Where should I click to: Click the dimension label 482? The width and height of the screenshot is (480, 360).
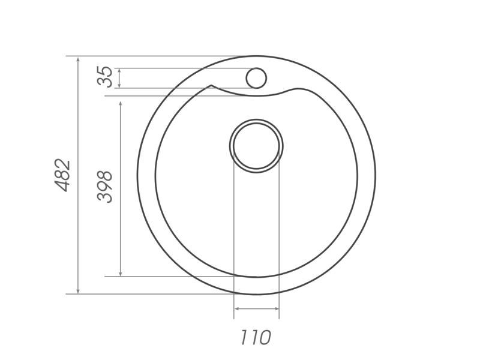coord(62,175)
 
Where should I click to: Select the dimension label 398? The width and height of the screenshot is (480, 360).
coord(104,187)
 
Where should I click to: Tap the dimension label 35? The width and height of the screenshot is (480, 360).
coord(104,77)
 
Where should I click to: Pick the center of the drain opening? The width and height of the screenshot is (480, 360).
coord(256,146)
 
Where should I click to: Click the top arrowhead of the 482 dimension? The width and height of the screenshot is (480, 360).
coord(78,59)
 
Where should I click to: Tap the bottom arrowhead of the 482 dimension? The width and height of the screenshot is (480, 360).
coord(78,290)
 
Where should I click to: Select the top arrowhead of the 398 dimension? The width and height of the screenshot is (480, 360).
coord(121,104)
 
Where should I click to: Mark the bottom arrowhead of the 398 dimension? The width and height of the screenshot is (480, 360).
coord(121,273)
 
